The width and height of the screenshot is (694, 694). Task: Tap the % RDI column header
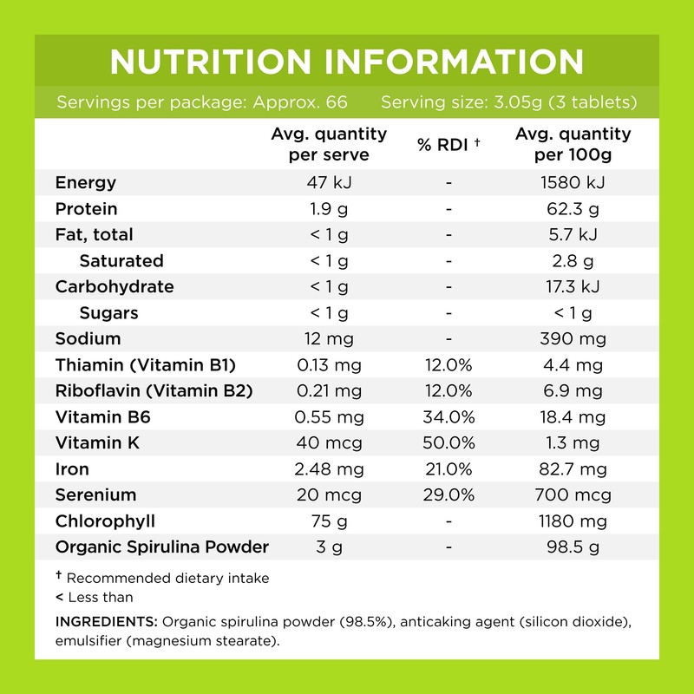[x=448, y=145]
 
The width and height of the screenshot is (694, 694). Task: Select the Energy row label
[x=85, y=182]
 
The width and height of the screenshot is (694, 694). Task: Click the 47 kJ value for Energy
[x=328, y=182]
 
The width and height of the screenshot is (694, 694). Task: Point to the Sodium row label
[x=88, y=338]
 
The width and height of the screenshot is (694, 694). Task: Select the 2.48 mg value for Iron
[x=328, y=469]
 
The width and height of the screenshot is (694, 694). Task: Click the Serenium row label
[x=95, y=495]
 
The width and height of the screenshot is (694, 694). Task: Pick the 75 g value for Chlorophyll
[x=328, y=521]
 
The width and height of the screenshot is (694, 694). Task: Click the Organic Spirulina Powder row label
[x=161, y=547]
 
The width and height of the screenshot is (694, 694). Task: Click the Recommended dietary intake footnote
[x=167, y=578]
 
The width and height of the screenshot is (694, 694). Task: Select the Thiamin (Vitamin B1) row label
[x=145, y=364]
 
